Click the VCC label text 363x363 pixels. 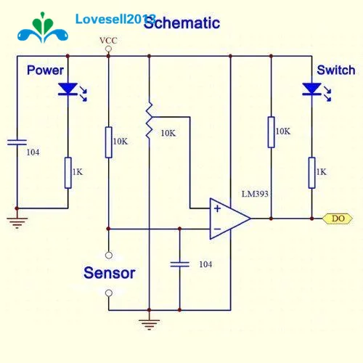pos(108,41)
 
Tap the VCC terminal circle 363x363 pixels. pos(109,49)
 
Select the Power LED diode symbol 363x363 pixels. pos(68,89)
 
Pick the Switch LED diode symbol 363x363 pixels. pos(312,89)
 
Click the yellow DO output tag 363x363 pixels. pos(338,219)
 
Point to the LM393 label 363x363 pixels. pos(255,194)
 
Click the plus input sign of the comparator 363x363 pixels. pos(217,208)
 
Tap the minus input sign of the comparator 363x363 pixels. pos(218,229)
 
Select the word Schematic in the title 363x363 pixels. pos(182,23)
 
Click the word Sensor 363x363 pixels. pos(110,273)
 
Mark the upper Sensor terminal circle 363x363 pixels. pos(109,255)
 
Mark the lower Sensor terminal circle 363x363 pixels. pos(109,293)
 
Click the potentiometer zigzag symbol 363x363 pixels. pos(149,121)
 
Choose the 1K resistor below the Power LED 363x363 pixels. pos(68,173)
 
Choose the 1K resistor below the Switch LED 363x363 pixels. pos(312,173)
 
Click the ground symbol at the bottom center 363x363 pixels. pos(149,325)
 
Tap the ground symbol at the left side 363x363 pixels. pos(17,223)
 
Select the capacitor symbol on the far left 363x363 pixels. pos(17,142)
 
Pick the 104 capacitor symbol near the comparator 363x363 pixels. pos(179,264)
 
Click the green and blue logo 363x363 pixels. pos(43,28)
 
